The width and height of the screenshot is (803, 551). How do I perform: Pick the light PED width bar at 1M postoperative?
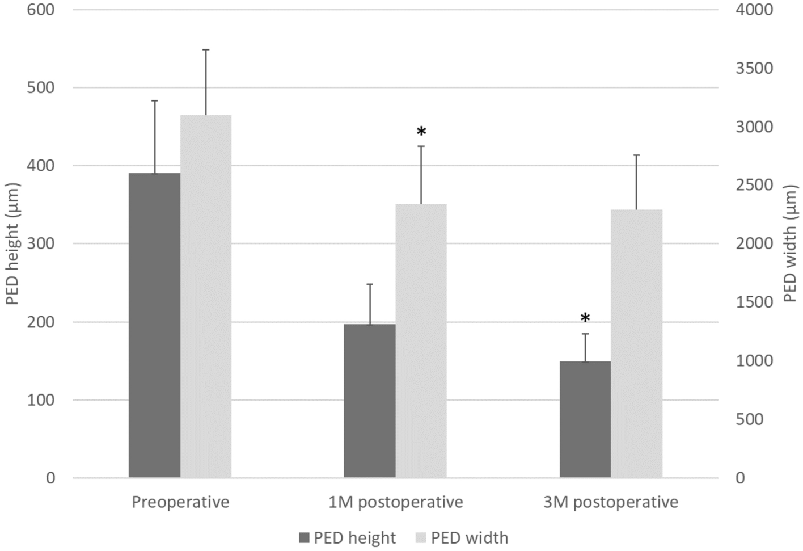[421, 340]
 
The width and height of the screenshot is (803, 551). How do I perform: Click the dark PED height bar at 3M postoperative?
[585, 419]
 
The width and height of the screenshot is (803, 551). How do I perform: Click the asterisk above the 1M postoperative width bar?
[421, 132]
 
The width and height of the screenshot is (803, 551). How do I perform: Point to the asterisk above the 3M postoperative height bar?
[585, 318]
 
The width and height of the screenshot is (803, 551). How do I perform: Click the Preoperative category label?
[180, 502]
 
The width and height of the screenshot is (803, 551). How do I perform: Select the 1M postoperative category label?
[395, 502]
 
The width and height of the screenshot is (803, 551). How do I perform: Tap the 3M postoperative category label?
[611, 502]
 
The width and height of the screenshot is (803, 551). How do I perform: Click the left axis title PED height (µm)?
[12, 244]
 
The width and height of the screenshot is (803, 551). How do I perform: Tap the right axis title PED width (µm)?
[792, 244]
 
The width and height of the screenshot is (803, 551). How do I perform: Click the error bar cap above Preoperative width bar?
[206, 50]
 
